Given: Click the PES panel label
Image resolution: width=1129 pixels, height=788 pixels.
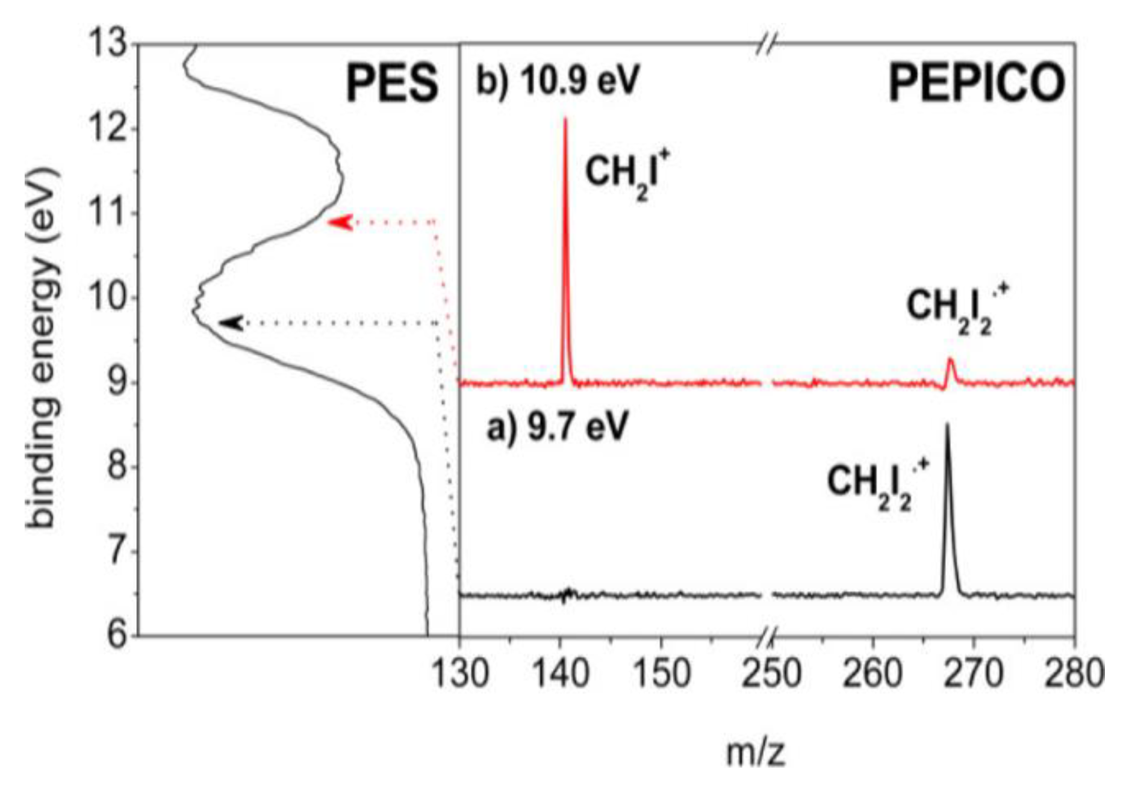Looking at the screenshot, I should pyautogui.click(x=392, y=84).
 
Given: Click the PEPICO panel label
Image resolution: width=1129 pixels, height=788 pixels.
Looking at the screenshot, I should pyautogui.click(x=976, y=84).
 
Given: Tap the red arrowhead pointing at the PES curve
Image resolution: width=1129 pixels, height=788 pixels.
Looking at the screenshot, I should pyautogui.click(x=339, y=222).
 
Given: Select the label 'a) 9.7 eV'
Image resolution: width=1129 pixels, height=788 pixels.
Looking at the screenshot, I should pyautogui.click(x=557, y=428).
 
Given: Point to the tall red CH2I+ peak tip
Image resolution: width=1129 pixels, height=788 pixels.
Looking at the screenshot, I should pyautogui.click(x=565, y=120).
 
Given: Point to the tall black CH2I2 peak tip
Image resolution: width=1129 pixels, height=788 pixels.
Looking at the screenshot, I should pyautogui.click(x=947, y=425).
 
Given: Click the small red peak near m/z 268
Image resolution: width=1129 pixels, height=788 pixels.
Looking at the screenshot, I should pyautogui.click(x=951, y=361).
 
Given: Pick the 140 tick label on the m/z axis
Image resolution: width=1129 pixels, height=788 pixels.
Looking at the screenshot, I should pyautogui.click(x=561, y=673).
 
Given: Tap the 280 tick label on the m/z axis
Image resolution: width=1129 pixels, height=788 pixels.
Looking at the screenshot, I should pyautogui.click(x=1075, y=673).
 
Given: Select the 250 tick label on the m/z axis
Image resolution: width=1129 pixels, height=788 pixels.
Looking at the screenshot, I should pyautogui.click(x=771, y=673).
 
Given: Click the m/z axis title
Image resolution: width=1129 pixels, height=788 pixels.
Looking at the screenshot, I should pyautogui.click(x=756, y=752).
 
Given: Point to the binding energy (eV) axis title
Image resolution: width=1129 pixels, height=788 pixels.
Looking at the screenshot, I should pyautogui.click(x=43, y=349).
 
